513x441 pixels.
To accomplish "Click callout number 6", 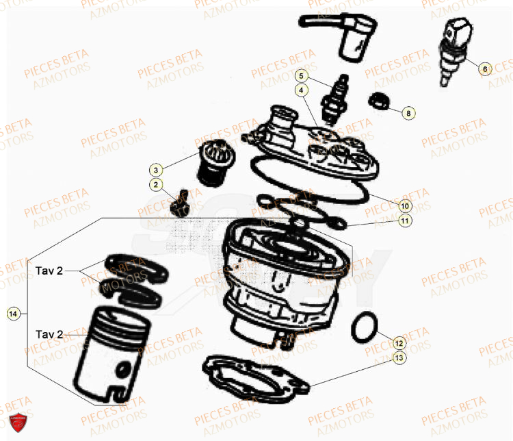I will pos(484,69).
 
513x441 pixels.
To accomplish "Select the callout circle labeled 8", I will pos(408,113).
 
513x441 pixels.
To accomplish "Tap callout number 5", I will pos(302,76).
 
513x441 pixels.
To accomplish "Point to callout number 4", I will pos(301,90).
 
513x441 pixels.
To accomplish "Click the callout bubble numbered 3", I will pos(156,169).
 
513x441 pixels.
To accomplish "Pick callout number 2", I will pos(156,184).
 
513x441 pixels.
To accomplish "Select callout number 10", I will pos(404,205).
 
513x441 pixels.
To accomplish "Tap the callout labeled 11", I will pos(404,221).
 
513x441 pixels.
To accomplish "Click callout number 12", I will pos(399,342).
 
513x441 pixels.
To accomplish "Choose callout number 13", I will pos(399,357).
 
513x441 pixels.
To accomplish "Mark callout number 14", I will pos(12,314).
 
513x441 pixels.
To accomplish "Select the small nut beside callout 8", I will pos(379,101).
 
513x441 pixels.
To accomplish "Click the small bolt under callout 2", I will pos(179,203).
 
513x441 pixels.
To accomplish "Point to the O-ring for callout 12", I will pos(363,327).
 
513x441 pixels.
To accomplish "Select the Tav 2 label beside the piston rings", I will pos(49,271).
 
